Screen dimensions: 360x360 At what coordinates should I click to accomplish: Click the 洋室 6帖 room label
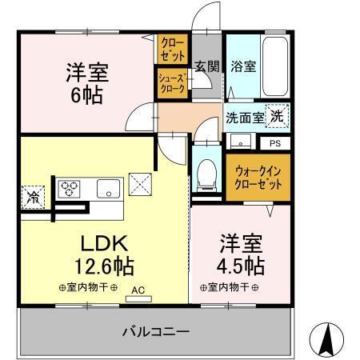click(88, 83)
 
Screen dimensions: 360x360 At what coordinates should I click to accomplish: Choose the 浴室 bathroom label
click(244, 66)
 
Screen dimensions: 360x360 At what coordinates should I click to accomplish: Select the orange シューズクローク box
click(171, 83)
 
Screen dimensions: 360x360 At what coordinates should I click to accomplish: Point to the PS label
click(274, 144)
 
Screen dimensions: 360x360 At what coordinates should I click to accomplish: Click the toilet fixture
click(206, 171)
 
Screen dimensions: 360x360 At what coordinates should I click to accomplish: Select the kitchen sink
click(107, 190)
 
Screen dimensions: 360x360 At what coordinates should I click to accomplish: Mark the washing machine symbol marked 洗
click(275, 116)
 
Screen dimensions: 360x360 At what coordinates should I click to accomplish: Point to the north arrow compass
click(326, 338)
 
